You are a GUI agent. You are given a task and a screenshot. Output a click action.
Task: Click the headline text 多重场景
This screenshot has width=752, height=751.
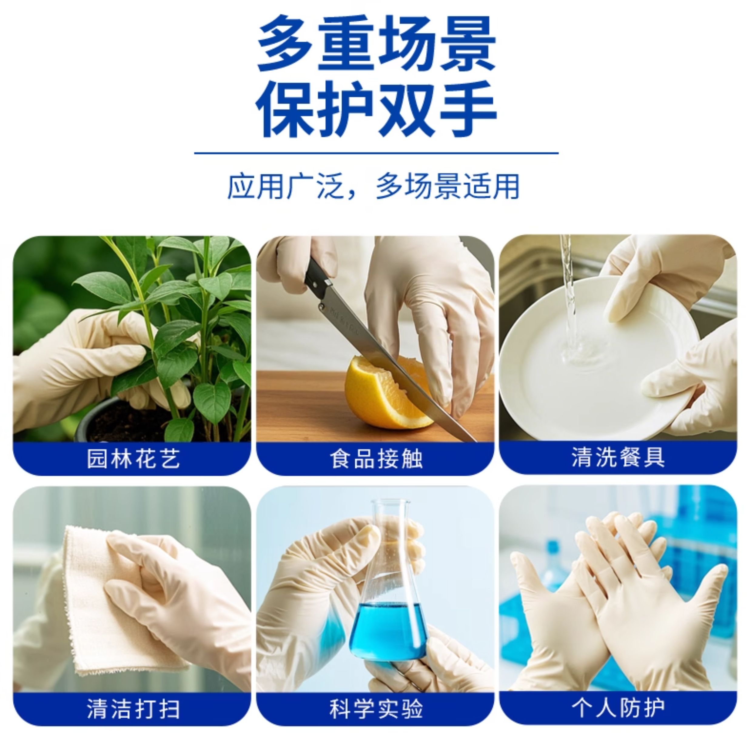click(376, 44)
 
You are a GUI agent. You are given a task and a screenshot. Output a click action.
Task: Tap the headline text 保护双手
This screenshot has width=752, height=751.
click(376, 109)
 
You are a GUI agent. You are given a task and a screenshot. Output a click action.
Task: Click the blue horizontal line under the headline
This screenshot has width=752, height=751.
click(376, 153)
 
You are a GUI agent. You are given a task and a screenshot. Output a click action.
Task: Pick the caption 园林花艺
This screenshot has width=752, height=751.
click(133, 459)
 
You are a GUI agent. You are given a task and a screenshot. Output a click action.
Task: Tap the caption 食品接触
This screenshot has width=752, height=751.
click(376, 459)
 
